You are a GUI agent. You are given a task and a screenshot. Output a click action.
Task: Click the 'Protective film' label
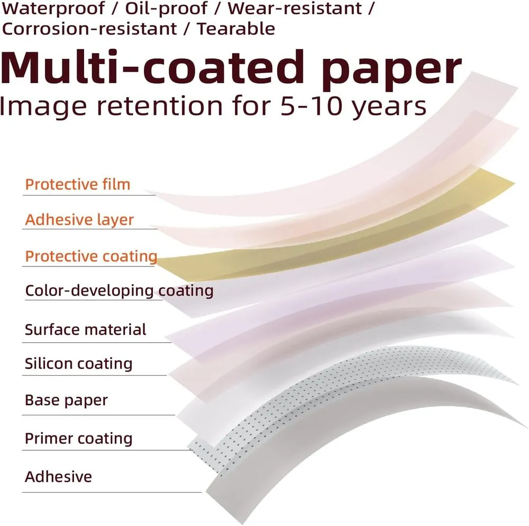(x=78, y=184)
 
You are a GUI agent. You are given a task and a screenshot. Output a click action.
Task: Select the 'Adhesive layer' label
(x=79, y=220)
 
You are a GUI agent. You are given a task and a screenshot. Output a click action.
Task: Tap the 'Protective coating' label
(x=91, y=256)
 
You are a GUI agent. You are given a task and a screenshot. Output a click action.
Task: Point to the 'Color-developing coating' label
(x=119, y=291)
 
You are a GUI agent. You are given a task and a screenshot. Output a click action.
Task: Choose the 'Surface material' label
(x=85, y=329)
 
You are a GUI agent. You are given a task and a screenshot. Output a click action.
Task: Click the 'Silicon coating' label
(x=79, y=364)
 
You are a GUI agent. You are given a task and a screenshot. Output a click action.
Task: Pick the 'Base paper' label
(x=66, y=400)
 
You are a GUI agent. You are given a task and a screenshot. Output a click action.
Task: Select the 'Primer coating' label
(x=79, y=439)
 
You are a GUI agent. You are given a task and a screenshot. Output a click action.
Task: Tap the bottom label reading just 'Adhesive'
(x=58, y=477)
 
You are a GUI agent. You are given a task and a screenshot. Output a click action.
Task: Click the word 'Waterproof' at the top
(x=53, y=8)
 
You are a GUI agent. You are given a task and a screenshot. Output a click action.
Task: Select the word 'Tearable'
(x=236, y=29)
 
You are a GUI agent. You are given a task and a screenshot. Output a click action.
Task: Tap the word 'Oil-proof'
(x=166, y=9)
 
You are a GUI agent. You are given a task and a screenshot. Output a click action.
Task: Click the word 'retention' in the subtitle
(x=160, y=106)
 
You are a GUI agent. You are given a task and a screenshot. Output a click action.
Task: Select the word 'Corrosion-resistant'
(x=89, y=29)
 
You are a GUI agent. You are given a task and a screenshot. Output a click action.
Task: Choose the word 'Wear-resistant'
(x=295, y=8)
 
